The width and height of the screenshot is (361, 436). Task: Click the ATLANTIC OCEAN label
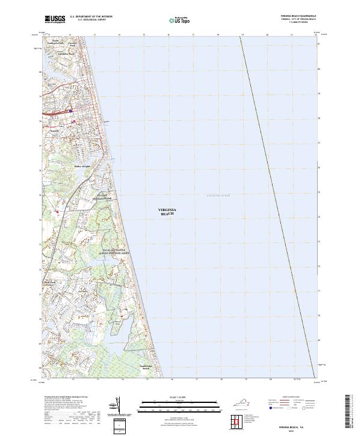pyautogui.click(x=218, y=195)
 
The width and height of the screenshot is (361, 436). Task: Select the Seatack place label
pyautogui.click(x=55, y=130)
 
